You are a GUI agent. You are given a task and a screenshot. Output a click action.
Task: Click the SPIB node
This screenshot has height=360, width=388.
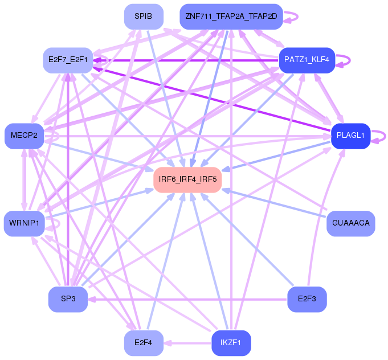pyautogui.click(x=144, y=17)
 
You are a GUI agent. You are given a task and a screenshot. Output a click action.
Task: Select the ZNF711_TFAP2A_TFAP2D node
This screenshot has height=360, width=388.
pyautogui.click(x=231, y=17)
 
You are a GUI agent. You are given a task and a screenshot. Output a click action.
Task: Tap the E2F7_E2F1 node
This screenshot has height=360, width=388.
pyautogui.click(x=68, y=60)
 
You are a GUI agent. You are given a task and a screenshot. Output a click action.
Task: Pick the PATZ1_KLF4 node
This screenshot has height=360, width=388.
pyautogui.click(x=307, y=60)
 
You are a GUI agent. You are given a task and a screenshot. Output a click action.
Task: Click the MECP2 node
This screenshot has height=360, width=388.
pyautogui.click(x=24, y=136)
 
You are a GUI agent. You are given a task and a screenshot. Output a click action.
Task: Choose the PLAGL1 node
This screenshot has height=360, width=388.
pyautogui.click(x=350, y=136)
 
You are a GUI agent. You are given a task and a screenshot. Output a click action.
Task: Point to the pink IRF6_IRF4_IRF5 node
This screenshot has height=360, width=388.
pyautogui.click(x=187, y=179)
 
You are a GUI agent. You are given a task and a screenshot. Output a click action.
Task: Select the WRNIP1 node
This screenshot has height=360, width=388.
pyautogui.click(x=24, y=223)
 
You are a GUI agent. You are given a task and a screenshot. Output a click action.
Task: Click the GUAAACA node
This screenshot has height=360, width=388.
pyautogui.click(x=350, y=223)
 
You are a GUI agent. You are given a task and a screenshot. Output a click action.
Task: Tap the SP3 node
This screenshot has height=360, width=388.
pyautogui.click(x=68, y=299)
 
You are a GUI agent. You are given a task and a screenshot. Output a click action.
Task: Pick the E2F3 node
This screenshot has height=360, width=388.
pyautogui.click(x=307, y=299)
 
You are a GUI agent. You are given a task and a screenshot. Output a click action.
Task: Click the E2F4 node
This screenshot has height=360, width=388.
pyautogui.click(x=144, y=343)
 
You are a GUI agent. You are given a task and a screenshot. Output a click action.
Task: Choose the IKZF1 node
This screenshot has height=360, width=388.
pyautogui.click(x=231, y=343)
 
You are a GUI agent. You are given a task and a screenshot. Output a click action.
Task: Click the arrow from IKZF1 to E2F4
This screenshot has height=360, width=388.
pyautogui.click(x=187, y=343)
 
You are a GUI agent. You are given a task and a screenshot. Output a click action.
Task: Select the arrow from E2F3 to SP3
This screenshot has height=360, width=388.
pyautogui.click(x=187, y=300)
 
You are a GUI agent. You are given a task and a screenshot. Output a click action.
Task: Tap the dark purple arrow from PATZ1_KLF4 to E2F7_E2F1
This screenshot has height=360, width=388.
pyautogui.click(x=186, y=60)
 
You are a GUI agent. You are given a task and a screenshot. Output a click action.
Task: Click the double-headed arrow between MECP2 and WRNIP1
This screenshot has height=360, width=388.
pyautogui.click(x=24, y=180)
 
